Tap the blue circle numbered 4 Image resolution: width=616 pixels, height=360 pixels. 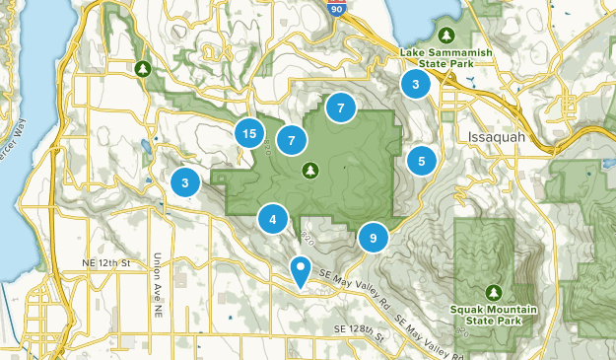click(273, 219)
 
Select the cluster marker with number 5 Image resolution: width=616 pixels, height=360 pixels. click(422, 161)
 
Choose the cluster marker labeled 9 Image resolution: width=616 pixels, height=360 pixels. click(374, 237)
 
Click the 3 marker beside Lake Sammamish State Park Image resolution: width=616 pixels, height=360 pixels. click(416, 85)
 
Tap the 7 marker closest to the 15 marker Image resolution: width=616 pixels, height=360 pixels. click(292, 141)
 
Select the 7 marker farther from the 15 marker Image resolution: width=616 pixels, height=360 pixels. click(340, 108)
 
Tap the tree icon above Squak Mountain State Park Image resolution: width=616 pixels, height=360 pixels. click(493, 292)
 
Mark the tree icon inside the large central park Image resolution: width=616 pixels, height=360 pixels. click(310, 170)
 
